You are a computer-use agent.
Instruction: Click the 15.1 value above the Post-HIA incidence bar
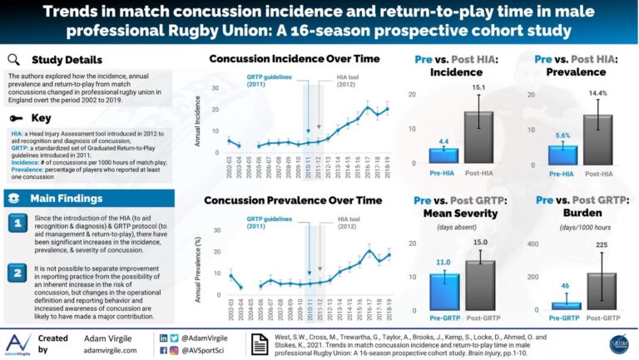click(478, 87)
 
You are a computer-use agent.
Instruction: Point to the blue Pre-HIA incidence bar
click(443, 155)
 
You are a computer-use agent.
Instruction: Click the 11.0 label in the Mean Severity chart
click(443, 262)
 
